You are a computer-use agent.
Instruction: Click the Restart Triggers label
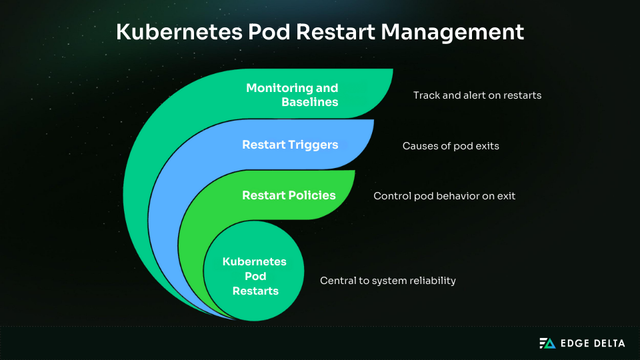290,145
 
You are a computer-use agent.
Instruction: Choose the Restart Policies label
289,195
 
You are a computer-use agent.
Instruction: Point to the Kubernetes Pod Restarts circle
254,271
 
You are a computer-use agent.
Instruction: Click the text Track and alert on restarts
477,95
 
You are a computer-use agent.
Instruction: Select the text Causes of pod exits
451,145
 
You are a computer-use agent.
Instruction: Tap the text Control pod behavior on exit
444,196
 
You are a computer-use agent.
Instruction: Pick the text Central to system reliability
388,281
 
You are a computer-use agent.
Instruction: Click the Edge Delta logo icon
547,343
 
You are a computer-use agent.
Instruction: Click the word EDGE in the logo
572,343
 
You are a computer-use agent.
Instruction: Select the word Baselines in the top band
310,103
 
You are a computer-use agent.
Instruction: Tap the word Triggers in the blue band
312,145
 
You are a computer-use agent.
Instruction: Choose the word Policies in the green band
311,195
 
